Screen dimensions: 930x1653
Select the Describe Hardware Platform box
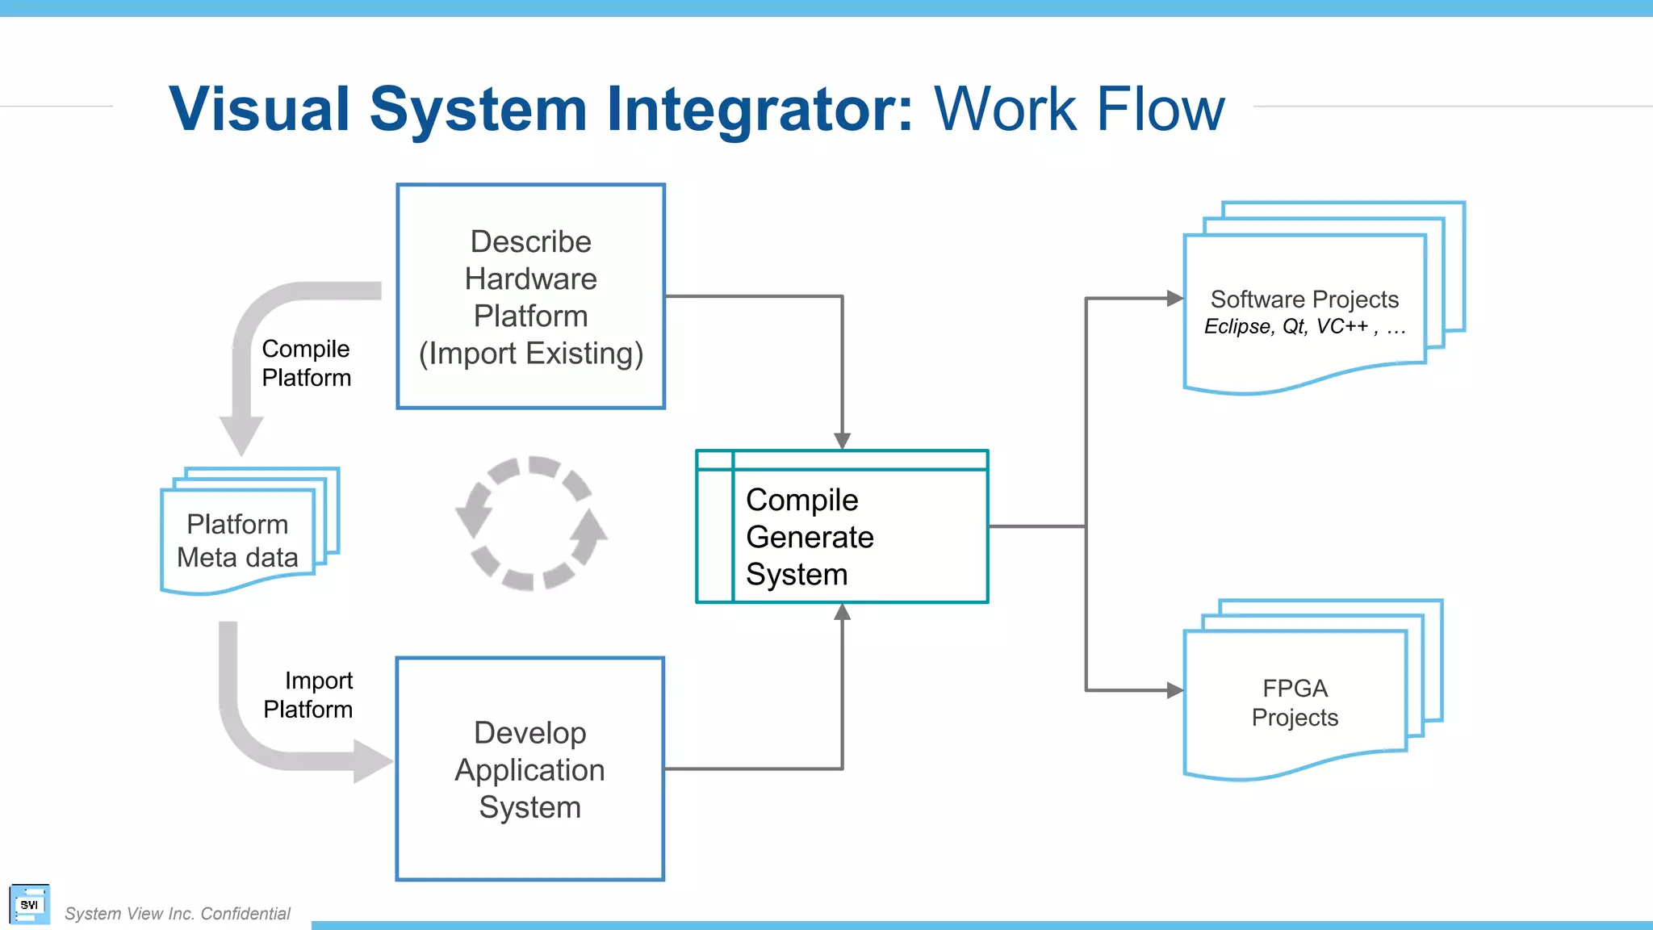coord(530,296)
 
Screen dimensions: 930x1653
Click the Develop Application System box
coord(529,769)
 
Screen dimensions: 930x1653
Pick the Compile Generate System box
coord(842,527)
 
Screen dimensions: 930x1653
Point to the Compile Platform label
coord(306,363)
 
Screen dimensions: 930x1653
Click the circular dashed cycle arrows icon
coord(531,523)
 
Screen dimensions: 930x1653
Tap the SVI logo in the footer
coord(30,904)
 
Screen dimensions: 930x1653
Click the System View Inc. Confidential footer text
coord(177,914)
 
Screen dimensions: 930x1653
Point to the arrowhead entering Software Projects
coord(1175,299)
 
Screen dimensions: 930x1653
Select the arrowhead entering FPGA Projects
coord(1175,690)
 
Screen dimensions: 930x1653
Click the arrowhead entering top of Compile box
coord(842,441)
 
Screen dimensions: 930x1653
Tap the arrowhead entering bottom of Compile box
coord(842,612)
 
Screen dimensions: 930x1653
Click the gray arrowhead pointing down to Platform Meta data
coord(241,436)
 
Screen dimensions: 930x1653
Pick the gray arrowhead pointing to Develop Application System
coord(371,761)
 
